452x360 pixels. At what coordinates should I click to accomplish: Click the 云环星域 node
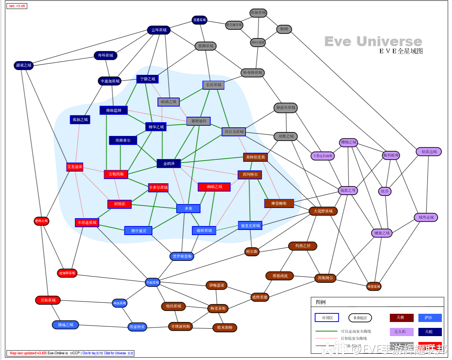(x=159, y=30)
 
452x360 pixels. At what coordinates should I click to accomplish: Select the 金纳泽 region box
(x=169, y=163)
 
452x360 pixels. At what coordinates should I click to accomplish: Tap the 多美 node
(x=188, y=208)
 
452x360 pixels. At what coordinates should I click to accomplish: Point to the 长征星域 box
(x=213, y=85)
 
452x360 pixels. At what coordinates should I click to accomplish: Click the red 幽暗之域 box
(x=214, y=187)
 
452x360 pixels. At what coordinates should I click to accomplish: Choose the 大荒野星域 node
(x=323, y=211)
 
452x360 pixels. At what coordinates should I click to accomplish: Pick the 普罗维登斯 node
(x=182, y=256)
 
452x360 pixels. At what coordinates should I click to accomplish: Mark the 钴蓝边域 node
(x=429, y=152)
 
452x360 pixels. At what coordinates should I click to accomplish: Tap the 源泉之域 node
(x=23, y=65)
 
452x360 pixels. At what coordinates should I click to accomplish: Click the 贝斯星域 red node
(x=48, y=300)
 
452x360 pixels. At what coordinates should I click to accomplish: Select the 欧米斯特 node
(x=225, y=327)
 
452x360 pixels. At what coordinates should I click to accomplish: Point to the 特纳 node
(x=284, y=29)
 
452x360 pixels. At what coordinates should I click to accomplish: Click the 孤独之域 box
(x=80, y=119)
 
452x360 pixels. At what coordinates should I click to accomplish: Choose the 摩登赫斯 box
(x=279, y=204)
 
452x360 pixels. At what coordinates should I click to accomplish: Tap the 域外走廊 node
(x=426, y=217)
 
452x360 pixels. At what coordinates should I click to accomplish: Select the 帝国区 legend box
(x=327, y=318)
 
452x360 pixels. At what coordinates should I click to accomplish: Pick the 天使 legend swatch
(x=402, y=318)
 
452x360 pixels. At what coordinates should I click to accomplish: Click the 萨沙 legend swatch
(x=430, y=318)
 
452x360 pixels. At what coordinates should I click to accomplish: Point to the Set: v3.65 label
(x=17, y=6)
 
